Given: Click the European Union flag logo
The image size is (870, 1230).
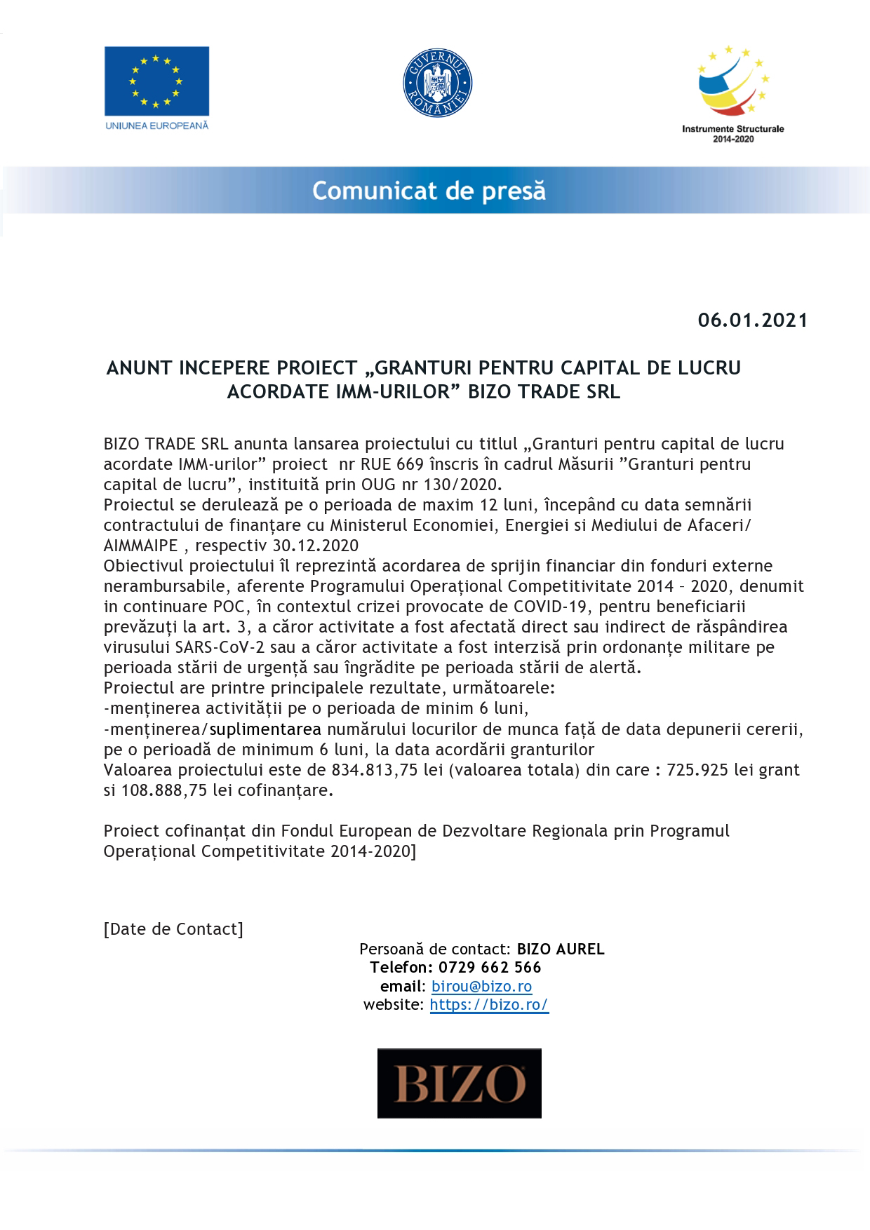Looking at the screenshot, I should [156, 81].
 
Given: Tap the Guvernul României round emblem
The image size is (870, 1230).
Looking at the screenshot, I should [437, 83].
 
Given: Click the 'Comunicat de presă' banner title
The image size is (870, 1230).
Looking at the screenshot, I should [429, 191].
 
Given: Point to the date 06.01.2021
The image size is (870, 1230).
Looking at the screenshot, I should [752, 320].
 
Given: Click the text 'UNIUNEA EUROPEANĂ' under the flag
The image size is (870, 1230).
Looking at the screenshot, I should [156, 126].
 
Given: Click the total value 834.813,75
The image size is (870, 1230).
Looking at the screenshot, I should [375, 770].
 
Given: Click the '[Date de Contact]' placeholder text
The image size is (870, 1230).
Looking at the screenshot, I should [173, 929].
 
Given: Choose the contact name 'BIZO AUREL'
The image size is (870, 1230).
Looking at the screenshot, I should [561, 949].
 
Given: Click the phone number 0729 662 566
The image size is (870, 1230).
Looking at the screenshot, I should [490, 968].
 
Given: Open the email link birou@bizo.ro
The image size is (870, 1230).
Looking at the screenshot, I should [481, 987].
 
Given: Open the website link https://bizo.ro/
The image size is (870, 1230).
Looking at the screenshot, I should [488, 1005].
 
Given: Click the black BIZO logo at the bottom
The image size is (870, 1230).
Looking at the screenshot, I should [460, 1083].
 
